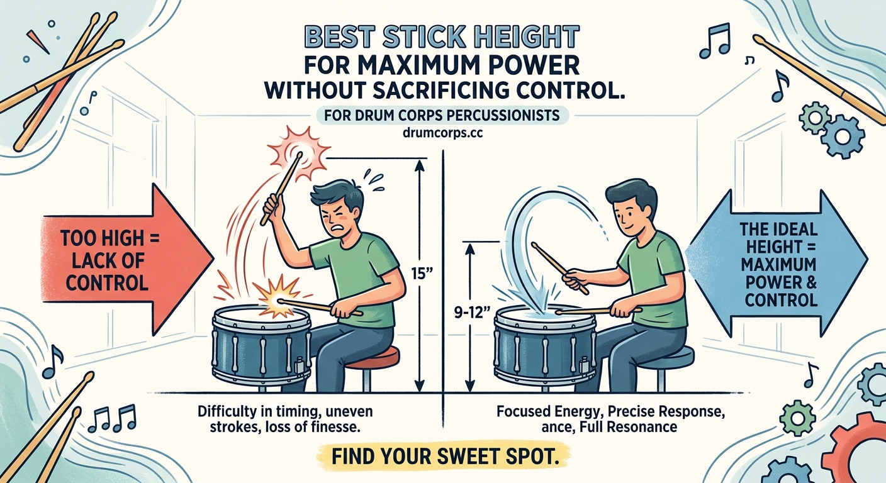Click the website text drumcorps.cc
pos(443,134)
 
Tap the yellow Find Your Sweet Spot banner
pos(443,455)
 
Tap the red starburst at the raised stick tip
pos(300,150)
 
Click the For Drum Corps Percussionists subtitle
pos(443,116)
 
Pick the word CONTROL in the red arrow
pos(107,282)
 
